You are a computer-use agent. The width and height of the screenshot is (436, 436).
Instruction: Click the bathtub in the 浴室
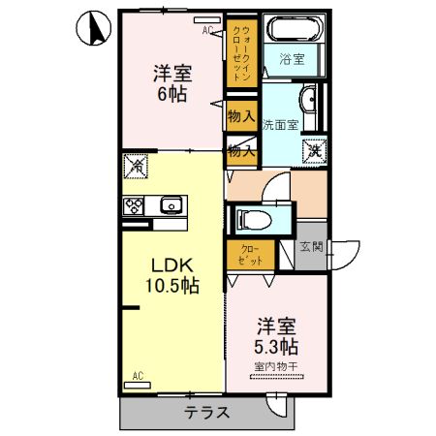click(297, 30)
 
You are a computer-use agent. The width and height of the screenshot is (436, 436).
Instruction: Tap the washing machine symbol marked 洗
click(314, 150)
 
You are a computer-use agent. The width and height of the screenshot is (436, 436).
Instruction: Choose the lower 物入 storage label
click(241, 150)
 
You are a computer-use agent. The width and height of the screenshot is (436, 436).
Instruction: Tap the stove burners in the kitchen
click(133, 204)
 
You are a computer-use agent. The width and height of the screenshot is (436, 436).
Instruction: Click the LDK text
click(161, 265)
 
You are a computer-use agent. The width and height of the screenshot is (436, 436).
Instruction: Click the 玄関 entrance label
click(311, 248)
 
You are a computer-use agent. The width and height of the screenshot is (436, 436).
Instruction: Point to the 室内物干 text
click(277, 365)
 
